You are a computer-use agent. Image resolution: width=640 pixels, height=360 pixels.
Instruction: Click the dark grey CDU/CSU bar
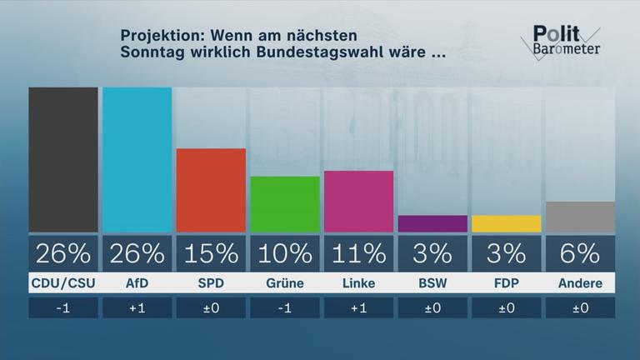click(x=63, y=159)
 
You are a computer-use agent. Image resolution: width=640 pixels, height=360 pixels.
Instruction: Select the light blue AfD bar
click(x=137, y=159)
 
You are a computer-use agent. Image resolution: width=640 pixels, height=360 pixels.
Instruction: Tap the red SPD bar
click(x=211, y=190)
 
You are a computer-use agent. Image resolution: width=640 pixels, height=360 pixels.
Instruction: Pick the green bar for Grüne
click(x=284, y=204)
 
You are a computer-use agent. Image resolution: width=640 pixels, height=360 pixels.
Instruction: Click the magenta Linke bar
click(x=357, y=201)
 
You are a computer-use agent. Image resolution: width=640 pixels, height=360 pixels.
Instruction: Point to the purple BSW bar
click(x=432, y=223)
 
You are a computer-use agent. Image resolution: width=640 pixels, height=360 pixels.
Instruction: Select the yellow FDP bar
click(x=505, y=223)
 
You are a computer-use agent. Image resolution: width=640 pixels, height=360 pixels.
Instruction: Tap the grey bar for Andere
click(x=579, y=217)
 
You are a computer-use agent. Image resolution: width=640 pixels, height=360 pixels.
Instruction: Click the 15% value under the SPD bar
click(x=211, y=252)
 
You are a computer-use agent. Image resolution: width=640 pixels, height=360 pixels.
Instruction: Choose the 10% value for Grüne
click(x=284, y=252)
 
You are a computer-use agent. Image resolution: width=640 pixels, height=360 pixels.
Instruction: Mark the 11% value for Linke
click(x=357, y=252)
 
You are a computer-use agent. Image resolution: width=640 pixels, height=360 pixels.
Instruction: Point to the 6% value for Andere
click(x=579, y=252)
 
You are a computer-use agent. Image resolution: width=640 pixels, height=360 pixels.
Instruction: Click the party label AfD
click(x=137, y=283)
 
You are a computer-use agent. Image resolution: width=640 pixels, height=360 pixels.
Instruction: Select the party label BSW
click(x=432, y=283)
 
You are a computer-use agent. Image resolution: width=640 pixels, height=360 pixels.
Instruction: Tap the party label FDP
click(x=505, y=283)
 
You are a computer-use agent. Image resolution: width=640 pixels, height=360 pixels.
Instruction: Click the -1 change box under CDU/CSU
click(x=63, y=307)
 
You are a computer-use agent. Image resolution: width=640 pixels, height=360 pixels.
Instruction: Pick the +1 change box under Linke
click(x=357, y=307)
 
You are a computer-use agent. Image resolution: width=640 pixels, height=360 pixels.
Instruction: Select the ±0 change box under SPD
click(x=211, y=307)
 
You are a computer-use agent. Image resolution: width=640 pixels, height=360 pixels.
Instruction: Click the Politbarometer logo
click(x=565, y=40)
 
